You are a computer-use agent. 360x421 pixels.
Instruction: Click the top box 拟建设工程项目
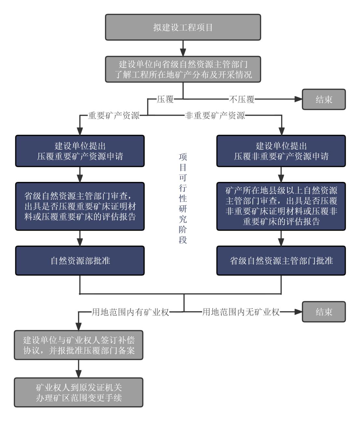pyautogui.click(x=183, y=27)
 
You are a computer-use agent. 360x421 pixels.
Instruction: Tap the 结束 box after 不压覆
pyautogui.click(x=324, y=99)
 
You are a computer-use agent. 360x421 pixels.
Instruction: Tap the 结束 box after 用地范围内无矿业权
pyautogui.click(x=324, y=312)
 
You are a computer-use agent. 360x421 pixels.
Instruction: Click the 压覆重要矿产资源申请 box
pyautogui.click(x=80, y=151)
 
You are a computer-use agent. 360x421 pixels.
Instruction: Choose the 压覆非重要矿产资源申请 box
pyautogui.click(x=281, y=151)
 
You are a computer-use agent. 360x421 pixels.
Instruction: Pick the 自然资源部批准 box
pyautogui.click(x=80, y=261)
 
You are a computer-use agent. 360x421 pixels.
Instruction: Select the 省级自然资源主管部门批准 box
pyautogui.click(x=281, y=261)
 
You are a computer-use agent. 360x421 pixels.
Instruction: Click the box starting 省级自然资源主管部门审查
pyautogui.click(x=80, y=206)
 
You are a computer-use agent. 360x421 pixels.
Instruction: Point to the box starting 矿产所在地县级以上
pyautogui.click(x=281, y=206)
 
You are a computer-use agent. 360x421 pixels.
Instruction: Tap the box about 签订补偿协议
pyautogui.click(x=79, y=345)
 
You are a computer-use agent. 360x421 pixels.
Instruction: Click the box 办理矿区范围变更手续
pyautogui.click(x=79, y=392)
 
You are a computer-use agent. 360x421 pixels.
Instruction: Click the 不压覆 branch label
pyautogui.click(x=242, y=99)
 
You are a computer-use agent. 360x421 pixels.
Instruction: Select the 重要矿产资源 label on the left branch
pyautogui.click(x=114, y=116)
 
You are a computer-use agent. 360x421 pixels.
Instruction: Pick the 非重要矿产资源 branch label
pyautogui.click(x=215, y=116)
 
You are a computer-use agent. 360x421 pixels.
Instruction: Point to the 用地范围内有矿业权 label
pyautogui.click(x=130, y=313)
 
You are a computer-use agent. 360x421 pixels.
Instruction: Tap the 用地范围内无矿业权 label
pyautogui.click(x=241, y=313)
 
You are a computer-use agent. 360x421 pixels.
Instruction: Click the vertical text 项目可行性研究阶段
pyautogui.click(x=183, y=199)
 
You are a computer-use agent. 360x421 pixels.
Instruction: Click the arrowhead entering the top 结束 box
pyautogui.click(x=298, y=99)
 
